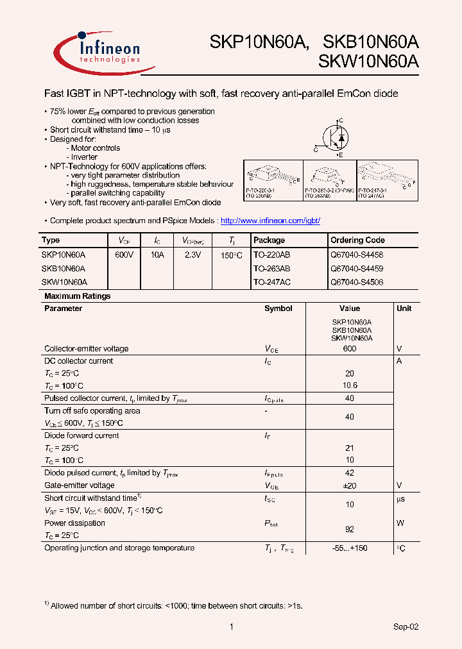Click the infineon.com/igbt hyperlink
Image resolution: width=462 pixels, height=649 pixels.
tap(270, 221)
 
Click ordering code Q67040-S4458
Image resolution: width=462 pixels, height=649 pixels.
tap(357, 255)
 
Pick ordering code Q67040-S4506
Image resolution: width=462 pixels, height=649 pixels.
tap(357, 282)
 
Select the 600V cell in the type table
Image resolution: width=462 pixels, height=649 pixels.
tap(124, 255)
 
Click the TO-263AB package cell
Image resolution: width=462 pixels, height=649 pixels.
tap(271, 269)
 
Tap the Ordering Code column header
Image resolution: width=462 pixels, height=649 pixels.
tap(357, 240)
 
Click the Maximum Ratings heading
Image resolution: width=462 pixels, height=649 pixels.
tap(77, 296)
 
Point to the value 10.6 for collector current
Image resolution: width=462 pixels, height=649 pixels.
tap(350, 385)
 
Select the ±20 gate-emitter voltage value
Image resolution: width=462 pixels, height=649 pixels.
tap(350, 485)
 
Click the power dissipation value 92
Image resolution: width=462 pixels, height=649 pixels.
tap(350, 529)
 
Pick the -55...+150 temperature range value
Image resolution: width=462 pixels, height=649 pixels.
tap(350, 548)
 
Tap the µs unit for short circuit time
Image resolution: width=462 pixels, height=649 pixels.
tap(400, 498)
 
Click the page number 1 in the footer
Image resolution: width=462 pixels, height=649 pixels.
tap(231, 627)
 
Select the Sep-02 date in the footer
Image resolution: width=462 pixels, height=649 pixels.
tap(406, 627)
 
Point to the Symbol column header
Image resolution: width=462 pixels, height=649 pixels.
tap(278, 308)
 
